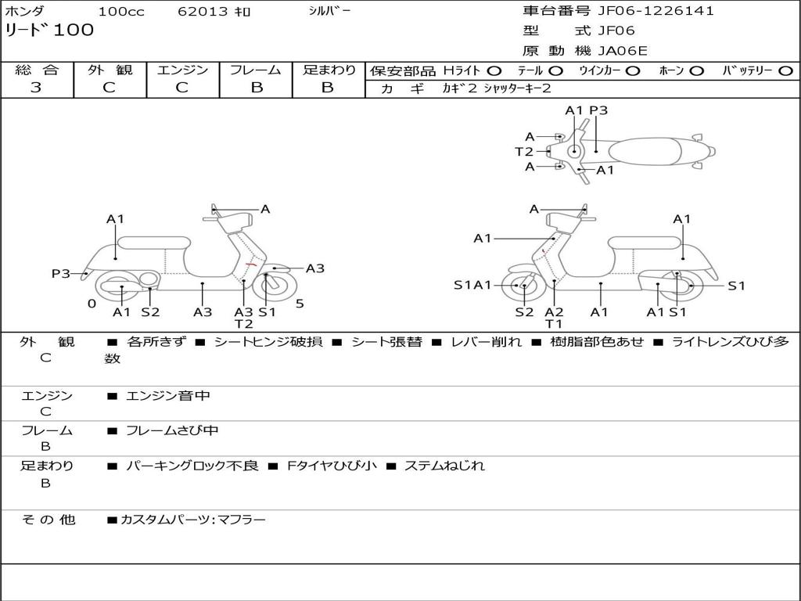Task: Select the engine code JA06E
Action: (623, 51)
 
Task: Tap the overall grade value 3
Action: (36, 88)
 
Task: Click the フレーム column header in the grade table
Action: (256, 70)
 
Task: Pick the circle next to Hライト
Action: (494, 70)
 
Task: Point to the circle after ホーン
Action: (696, 70)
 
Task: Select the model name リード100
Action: (49, 31)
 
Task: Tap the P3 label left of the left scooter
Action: (61, 273)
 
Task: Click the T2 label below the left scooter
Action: (243, 324)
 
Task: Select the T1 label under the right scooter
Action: (554, 324)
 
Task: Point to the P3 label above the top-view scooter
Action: (598, 110)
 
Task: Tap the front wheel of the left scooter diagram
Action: (268, 286)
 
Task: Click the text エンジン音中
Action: (168, 396)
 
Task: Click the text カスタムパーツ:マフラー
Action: (192, 520)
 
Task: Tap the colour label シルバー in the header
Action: (329, 11)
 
